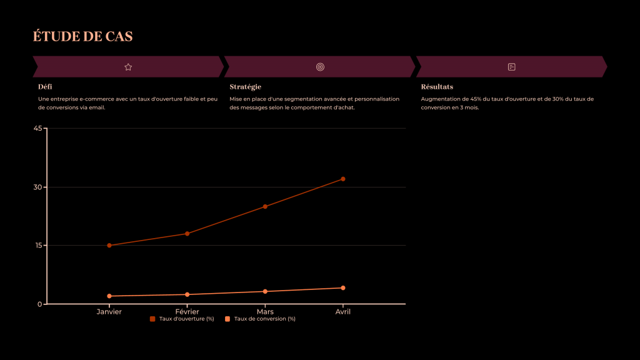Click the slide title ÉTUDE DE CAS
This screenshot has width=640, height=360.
(82, 36)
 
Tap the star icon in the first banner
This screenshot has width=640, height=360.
(128, 67)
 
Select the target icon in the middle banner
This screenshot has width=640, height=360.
(320, 67)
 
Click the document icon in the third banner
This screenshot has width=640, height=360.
(511, 67)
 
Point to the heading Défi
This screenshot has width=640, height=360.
(45, 87)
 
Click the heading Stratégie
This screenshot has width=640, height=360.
(245, 87)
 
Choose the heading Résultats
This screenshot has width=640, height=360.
(437, 87)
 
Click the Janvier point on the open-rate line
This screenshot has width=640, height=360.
(109, 246)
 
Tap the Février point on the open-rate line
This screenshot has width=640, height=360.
(187, 234)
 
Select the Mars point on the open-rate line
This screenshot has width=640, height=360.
(265, 206)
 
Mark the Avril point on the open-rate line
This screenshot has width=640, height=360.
(343, 179)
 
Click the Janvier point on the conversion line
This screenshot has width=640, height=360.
(109, 296)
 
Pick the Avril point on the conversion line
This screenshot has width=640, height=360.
(343, 288)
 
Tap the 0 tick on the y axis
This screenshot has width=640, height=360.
(39, 304)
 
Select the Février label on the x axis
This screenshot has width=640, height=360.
(187, 311)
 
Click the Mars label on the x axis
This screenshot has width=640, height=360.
(265, 311)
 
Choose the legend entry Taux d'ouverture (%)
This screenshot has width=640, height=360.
(182, 319)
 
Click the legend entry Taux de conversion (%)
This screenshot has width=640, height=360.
(260, 319)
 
